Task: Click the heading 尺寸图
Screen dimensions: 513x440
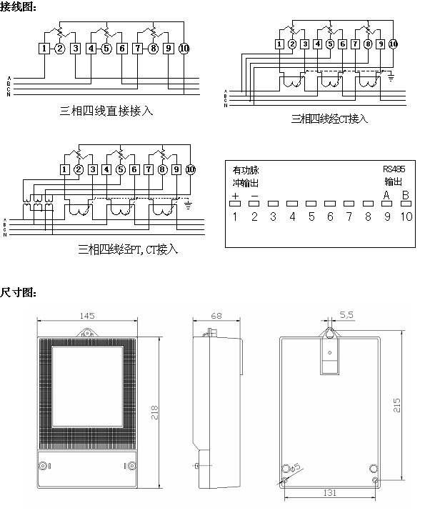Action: click(17, 292)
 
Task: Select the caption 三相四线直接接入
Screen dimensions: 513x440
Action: click(107, 111)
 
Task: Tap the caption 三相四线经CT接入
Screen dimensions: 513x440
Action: click(329, 119)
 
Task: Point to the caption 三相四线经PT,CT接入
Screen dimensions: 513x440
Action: click(128, 249)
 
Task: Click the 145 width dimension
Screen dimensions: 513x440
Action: click(88, 315)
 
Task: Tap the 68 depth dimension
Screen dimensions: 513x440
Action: click(217, 315)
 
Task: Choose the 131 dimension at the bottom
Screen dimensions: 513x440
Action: click(330, 494)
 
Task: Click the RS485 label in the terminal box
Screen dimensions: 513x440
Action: click(394, 170)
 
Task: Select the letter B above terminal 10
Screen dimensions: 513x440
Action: click(405, 195)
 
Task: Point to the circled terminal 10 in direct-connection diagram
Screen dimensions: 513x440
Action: click(184, 49)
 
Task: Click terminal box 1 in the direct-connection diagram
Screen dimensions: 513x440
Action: click(45, 49)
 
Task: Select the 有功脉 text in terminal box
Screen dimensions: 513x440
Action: click(246, 171)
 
